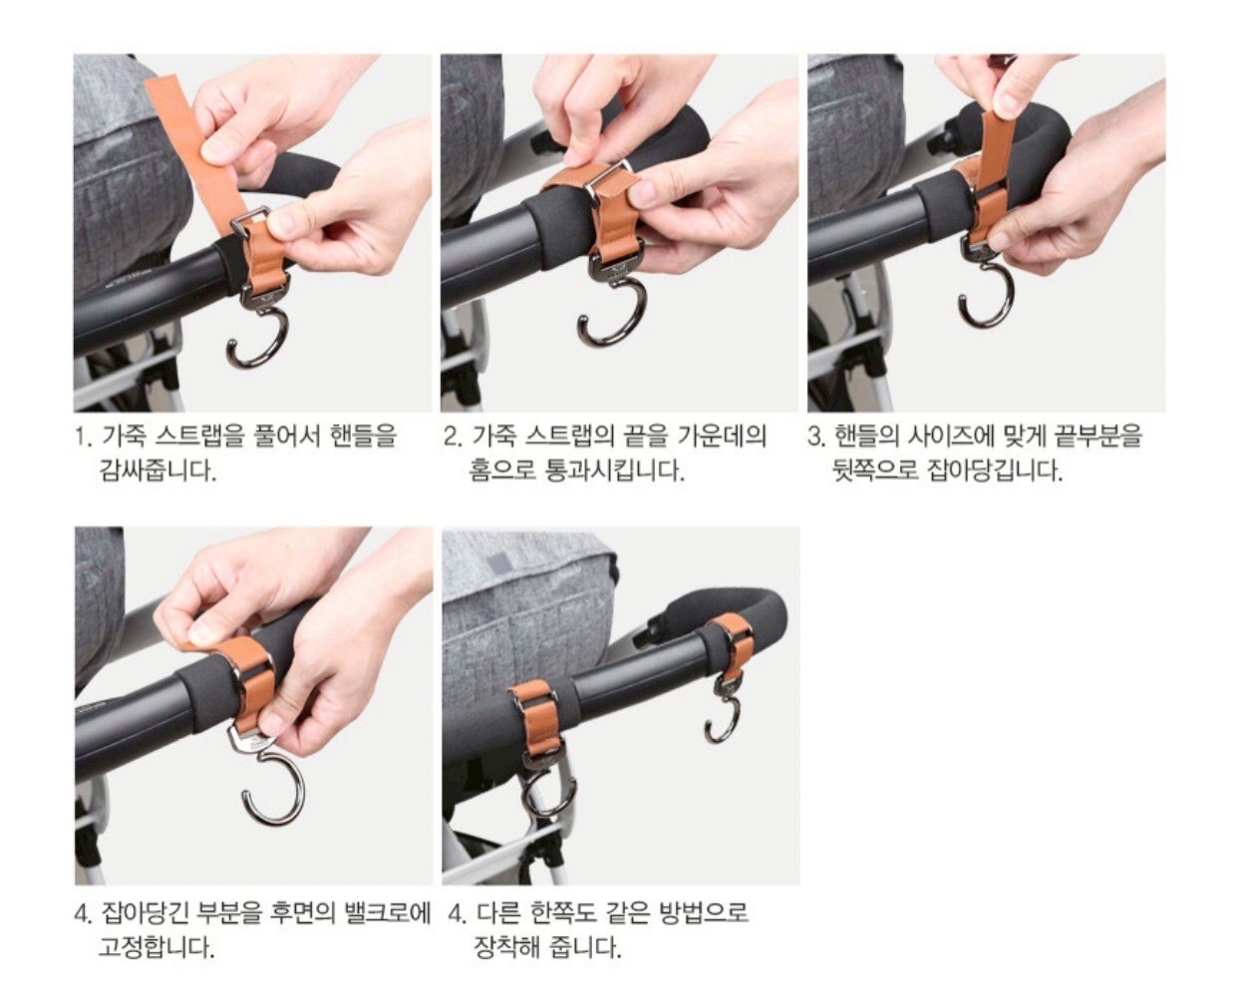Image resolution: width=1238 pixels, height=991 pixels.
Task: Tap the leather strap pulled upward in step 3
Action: pos(994,149)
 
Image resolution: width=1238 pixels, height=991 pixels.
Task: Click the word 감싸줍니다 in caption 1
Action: pos(158,472)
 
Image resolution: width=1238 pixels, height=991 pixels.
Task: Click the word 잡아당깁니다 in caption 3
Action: pos(995,472)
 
